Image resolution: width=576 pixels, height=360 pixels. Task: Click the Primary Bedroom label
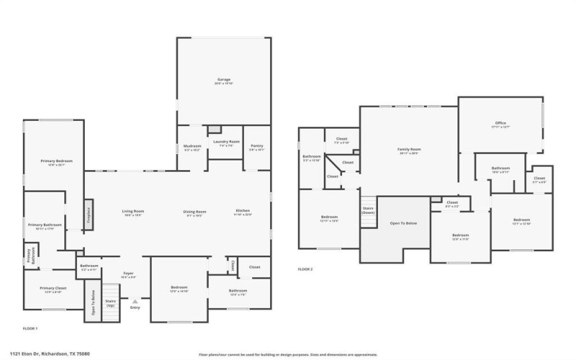coord(52,162)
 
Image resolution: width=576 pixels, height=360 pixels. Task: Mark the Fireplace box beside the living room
coord(89,215)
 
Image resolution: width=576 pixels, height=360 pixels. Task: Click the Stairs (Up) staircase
coord(111,303)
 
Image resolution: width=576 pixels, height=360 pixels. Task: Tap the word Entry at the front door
coord(135,308)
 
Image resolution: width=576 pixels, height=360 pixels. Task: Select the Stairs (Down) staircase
coord(368,210)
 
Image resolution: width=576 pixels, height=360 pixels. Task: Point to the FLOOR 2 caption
coord(305,269)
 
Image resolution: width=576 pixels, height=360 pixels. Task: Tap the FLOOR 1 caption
coord(30,328)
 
